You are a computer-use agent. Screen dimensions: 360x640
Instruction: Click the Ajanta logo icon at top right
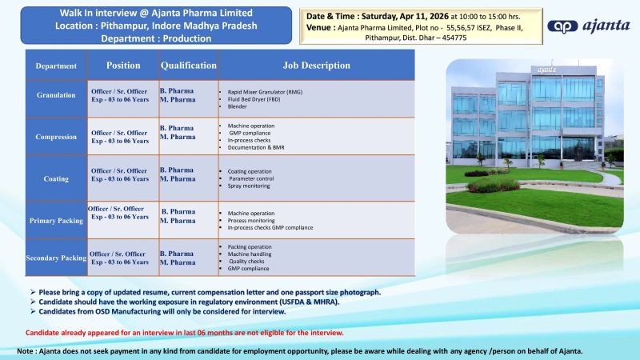pos(562,26)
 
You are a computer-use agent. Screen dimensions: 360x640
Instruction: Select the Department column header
pos(56,66)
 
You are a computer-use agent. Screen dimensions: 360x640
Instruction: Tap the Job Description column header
pos(315,65)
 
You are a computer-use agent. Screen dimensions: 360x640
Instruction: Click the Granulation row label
pos(56,95)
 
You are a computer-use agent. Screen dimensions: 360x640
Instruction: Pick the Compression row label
pos(56,137)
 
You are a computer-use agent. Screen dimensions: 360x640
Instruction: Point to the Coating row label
pos(56,179)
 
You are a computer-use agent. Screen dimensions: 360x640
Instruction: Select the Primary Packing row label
pos(55,220)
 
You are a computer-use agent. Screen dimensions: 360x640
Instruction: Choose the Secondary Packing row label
pos(56,258)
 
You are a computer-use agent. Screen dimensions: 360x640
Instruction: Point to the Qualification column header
pos(188,65)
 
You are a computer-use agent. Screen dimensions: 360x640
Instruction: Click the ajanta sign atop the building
pos(546,70)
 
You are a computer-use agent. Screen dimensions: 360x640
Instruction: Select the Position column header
pos(124,65)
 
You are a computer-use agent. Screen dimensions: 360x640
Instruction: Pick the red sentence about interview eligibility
pos(185,332)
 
